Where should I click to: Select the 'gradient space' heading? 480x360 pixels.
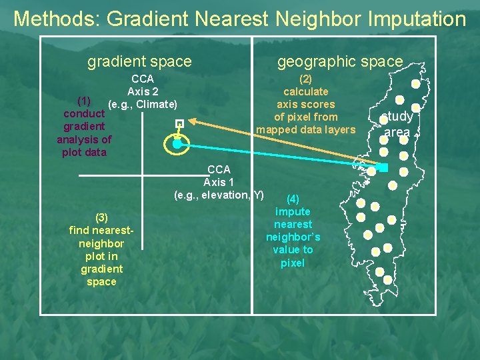(x=139, y=62)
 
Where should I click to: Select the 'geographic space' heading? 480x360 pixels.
(x=340, y=62)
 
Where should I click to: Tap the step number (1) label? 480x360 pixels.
(x=84, y=101)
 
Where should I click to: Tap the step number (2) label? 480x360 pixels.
(x=305, y=79)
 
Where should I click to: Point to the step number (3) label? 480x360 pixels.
(x=101, y=217)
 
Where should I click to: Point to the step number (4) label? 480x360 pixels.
(x=292, y=199)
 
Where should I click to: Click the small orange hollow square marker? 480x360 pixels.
(x=179, y=123)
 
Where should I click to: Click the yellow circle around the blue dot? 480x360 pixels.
(x=177, y=144)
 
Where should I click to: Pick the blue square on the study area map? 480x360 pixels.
(x=383, y=167)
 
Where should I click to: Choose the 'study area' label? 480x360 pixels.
(x=397, y=125)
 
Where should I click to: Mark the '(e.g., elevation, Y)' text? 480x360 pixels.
(x=219, y=195)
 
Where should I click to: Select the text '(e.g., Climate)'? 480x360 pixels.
(x=143, y=105)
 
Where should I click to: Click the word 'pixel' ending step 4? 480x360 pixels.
(x=293, y=263)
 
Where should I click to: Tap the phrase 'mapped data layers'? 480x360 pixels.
(x=306, y=129)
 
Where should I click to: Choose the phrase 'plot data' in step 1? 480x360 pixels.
(x=84, y=152)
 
